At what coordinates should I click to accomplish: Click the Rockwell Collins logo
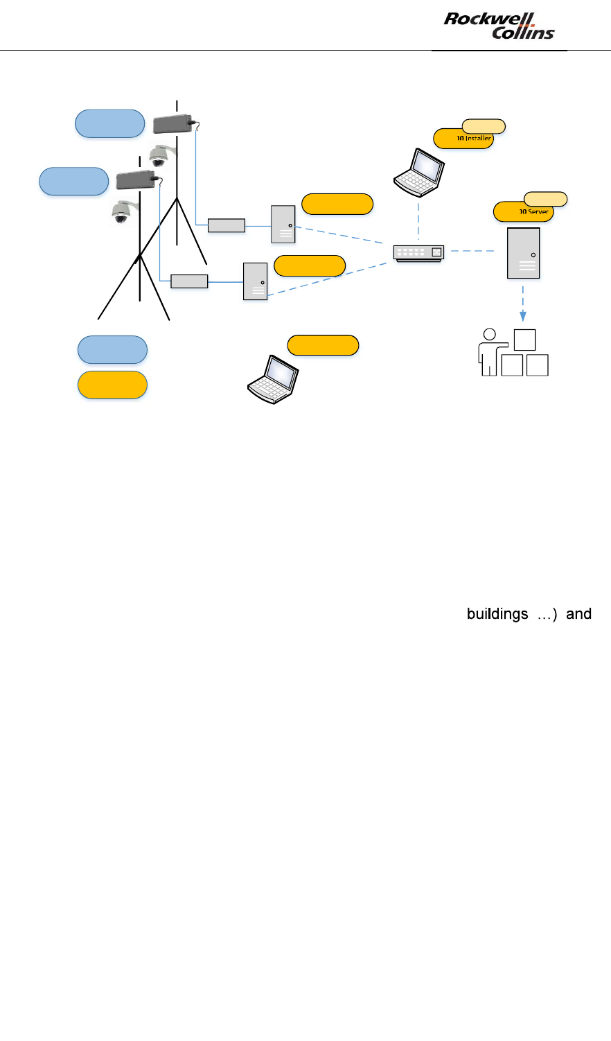click(499, 26)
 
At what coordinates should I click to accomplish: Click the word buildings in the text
click(497, 614)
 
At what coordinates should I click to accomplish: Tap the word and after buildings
click(578, 614)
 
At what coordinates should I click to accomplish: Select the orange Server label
click(523, 212)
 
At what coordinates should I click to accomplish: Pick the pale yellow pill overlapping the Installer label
click(484, 125)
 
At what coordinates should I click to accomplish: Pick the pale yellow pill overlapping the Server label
click(546, 199)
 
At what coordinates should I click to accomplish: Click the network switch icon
click(418, 252)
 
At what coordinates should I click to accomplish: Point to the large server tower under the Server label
click(523, 253)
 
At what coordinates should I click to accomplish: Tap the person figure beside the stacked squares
click(489, 352)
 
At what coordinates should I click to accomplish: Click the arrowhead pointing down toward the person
click(522, 315)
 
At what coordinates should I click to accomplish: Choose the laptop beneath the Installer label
click(419, 170)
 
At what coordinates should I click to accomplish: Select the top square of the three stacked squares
click(524, 340)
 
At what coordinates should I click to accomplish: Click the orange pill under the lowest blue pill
click(112, 385)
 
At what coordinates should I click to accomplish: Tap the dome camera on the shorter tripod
click(122, 212)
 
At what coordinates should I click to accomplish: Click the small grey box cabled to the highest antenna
click(227, 225)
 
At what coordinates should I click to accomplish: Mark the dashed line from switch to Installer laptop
click(419, 216)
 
